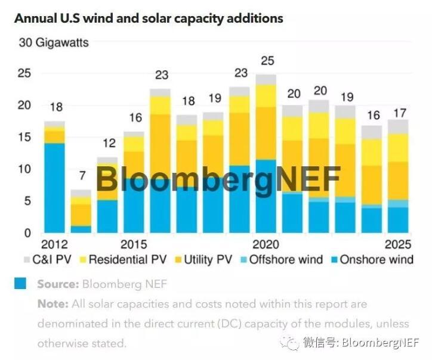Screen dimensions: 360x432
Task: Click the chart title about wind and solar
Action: (149, 18)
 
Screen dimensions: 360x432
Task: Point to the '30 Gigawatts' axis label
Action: (54, 42)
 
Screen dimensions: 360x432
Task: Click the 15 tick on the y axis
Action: (24, 138)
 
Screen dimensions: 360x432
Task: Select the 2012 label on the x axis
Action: (55, 244)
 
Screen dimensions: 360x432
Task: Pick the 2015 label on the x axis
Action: (134, 244)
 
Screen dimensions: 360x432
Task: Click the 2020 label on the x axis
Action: (266, 244)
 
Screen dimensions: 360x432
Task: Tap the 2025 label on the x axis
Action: (398, 244)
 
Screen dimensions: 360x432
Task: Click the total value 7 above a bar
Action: (82, 176)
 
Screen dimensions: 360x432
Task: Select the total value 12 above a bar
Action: (107, 144)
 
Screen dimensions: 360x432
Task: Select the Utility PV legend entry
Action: (202, 260)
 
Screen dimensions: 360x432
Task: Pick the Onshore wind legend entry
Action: (370, 260)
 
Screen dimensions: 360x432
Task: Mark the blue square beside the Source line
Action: (21, 284)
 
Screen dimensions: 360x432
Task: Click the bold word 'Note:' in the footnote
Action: (52, 304)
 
